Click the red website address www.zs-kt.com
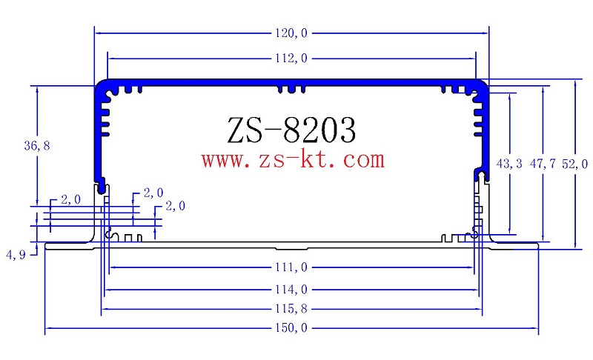point(294,159)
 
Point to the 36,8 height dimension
point(36,146)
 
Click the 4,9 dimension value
point(16,255)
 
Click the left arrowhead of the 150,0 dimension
point(50,327)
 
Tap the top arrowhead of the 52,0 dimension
point(576,84)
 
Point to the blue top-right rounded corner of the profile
point(482,86)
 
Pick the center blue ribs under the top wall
point(291,90)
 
